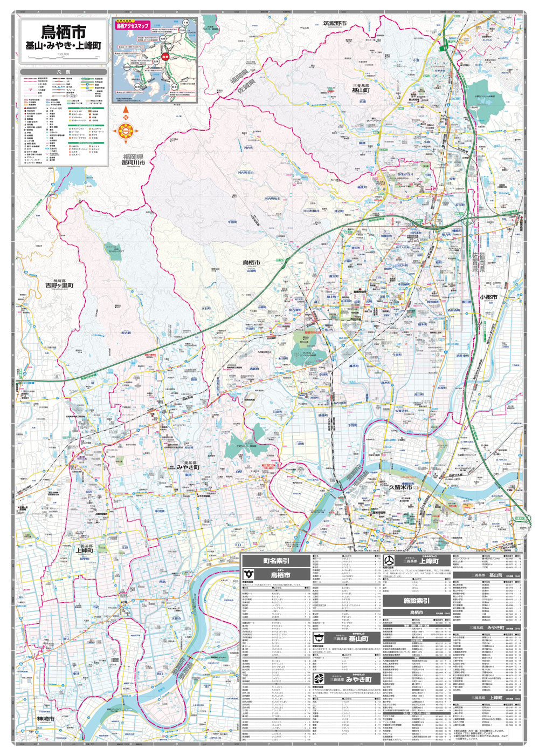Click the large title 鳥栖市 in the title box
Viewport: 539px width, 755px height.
click(63, 31)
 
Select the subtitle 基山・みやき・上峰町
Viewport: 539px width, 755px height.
click(63, 46)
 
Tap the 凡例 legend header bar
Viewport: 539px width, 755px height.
click(63, 72)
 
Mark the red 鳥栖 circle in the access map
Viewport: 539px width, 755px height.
click(165, 56)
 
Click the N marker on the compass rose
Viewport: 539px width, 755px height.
click(126, 117)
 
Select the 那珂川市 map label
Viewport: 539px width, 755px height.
click(133, 162)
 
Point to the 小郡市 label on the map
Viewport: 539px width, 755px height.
click(488, 297)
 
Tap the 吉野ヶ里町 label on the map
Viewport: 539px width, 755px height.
click(59, 285)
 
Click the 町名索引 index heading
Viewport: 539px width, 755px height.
click(276, 561)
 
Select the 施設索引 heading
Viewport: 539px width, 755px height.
click(417, 601)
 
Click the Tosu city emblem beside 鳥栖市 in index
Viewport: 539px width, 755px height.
click(249, 575)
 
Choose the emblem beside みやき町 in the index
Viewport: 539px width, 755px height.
click(319, 678)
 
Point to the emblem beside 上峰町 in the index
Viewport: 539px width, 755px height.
click(389, 561)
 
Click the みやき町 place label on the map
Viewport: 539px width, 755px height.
click(189, 467)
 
